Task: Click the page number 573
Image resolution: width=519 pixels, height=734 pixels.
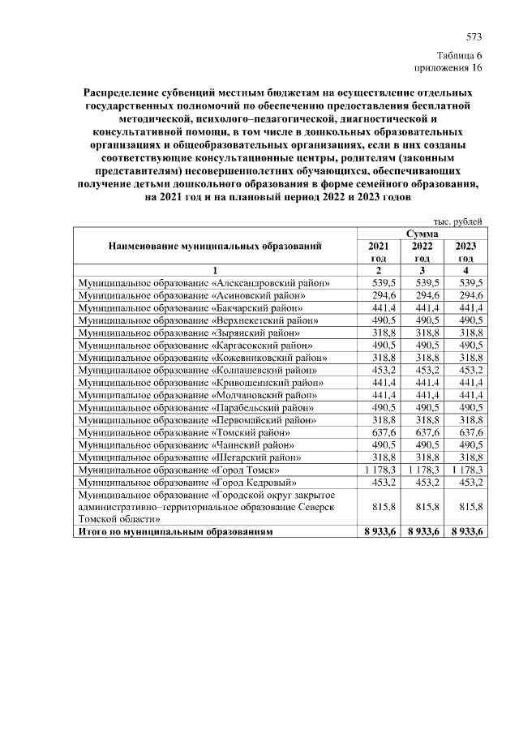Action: [x=474, y=37]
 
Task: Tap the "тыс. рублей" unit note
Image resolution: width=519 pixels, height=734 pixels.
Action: [x=459, y=221]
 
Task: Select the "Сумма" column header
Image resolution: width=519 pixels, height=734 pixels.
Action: [x=422, y=234]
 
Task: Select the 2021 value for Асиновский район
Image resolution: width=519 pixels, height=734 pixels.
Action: [x=383, y=295]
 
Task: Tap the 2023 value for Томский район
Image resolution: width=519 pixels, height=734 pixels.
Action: [x=468, y=432]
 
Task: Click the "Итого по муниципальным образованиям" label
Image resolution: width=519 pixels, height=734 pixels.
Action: [x=174, y=531]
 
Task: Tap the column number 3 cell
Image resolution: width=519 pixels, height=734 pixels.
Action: [x=422, y=270]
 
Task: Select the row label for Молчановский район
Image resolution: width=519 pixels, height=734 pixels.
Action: [x=199, y=395]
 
